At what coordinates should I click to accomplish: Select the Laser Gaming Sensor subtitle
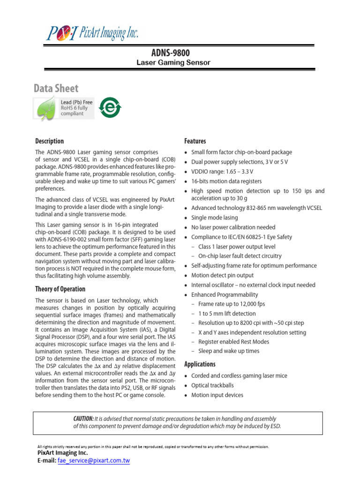[173, 62]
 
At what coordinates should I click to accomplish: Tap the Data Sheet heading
[56, 88]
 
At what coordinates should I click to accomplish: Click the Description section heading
[50, 141]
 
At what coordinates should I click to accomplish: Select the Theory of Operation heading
[60, 289]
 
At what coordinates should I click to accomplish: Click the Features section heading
[195, 141]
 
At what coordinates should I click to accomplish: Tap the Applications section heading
[200, 364]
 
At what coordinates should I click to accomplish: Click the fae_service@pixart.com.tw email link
[93, 461]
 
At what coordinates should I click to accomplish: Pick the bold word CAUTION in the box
[83, 419]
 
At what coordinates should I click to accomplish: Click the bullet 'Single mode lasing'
[214, 217]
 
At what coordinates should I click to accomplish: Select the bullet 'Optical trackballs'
[212, 385]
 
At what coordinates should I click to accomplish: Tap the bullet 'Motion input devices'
[217, 395]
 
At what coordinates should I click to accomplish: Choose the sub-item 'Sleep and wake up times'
[229, 351]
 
